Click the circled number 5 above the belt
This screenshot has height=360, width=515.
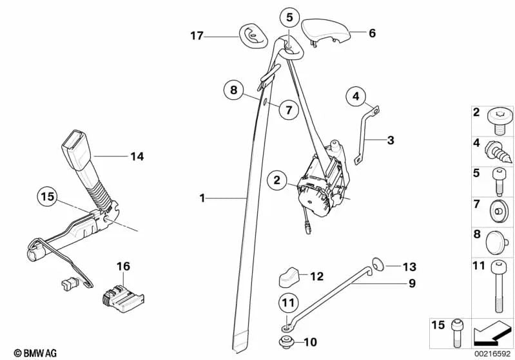[289, 17]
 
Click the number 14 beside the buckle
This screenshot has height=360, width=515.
[137, 156]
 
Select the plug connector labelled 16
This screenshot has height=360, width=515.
[121, 294]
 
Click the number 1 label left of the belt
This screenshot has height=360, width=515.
[202, 198]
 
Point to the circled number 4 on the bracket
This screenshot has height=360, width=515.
[355, 97]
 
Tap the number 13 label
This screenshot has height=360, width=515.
[410, 266]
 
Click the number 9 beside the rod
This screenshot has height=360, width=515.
[410, 283]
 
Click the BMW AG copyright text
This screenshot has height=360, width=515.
[23, 353]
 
